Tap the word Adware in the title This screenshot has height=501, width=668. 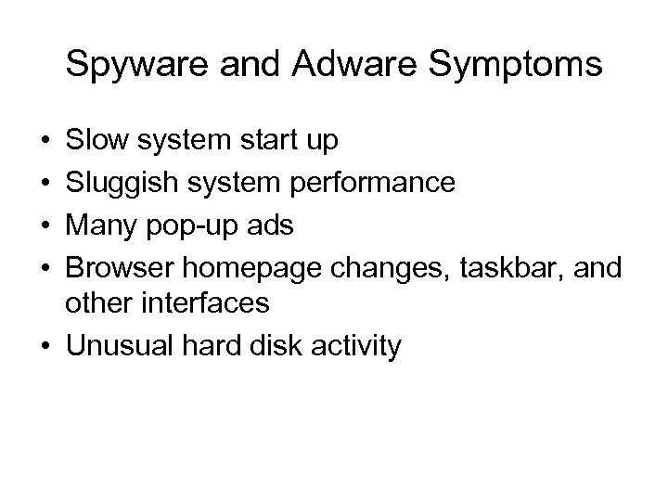(328, 66)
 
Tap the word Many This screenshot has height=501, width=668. (99, 223)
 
